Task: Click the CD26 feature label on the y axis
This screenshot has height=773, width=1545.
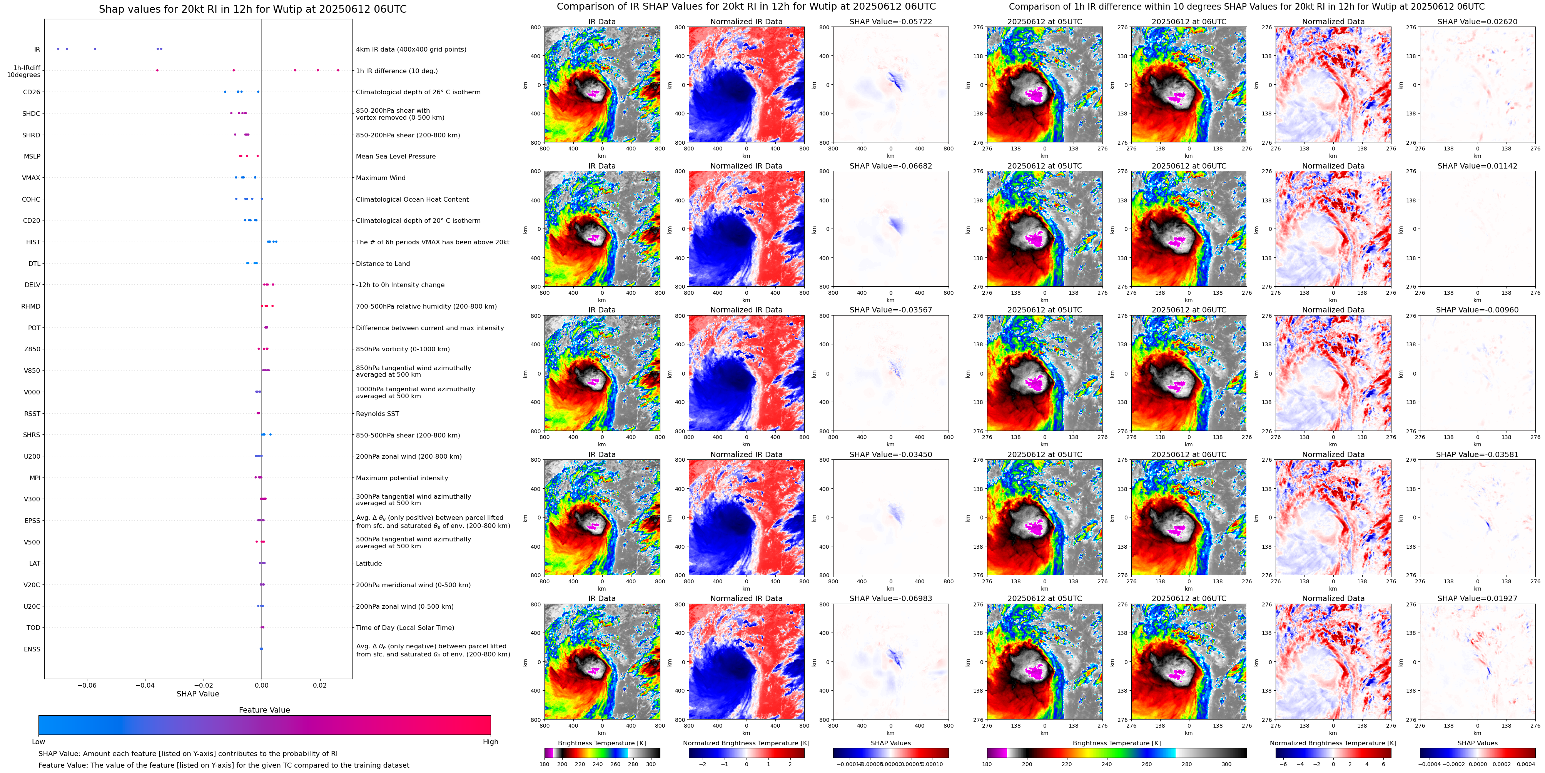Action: pyautogui.click(x=31, y=92)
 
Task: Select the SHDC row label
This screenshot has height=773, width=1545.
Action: pyautogui.click(x=31, y=114)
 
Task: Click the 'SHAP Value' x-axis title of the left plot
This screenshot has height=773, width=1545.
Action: pyautogui.click(x=198, y=694)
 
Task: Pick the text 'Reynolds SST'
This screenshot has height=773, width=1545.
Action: pyautogui.click(x=377, y=414)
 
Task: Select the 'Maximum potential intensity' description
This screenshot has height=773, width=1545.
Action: pyautogui.click(x=402, y=478)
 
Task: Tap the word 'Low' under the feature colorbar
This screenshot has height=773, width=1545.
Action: pyautogui.click(x=38, y=742)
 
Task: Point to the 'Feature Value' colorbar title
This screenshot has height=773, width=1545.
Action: pyautogui.click(x=264, y=710)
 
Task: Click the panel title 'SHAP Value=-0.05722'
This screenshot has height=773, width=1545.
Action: pyautogui.click(x=891, y=22)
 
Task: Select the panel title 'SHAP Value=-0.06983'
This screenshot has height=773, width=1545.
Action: pyautogui.click(x=891, y=598)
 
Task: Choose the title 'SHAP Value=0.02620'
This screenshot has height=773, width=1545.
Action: pyautogui.click(x=1477, y=22)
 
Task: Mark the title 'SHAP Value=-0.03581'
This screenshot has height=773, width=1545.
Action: pyautogui.click(x=1477, y=454)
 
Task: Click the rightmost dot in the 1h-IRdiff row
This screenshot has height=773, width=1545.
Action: pyautogui.click(x=338, y=70)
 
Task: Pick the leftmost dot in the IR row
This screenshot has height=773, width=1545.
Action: pyautogui.click(x=58, y=48)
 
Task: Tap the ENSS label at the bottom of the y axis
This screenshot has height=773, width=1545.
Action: pyautogui.click(x=32, y=649)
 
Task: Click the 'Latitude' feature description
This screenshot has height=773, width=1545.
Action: pyautogui.click(x=369, y=564)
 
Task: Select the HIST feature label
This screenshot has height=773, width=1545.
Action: pyautogui.click(x=33, y=242)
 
